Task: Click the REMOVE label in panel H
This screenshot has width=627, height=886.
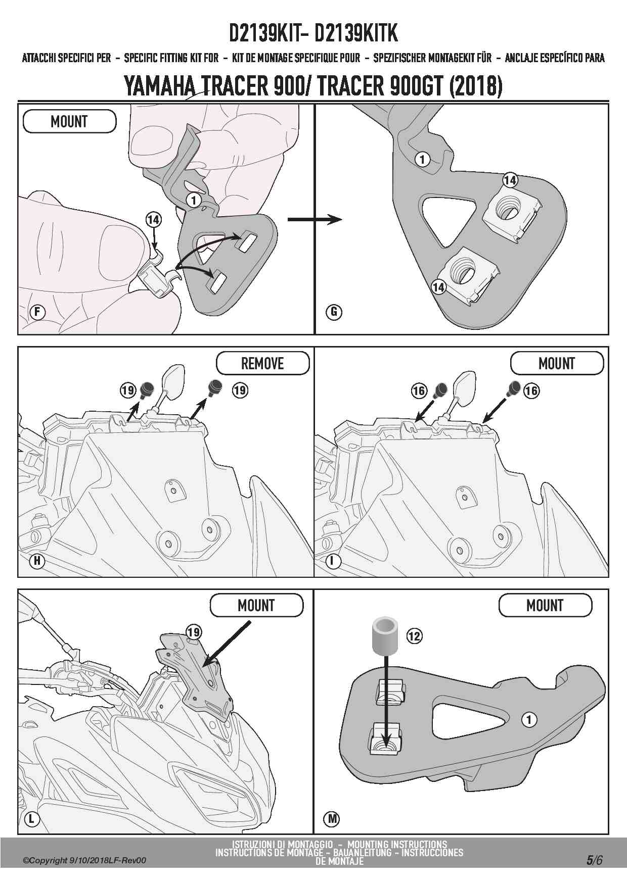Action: click(x=262, y=363)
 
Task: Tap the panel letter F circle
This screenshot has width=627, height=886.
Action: click(x=37, y=312)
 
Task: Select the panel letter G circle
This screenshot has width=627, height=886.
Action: click(x=334, y=312)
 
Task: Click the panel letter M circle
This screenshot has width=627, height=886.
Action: click(x=332, y=818)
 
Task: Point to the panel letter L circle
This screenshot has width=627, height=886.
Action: click(x=31, y=818)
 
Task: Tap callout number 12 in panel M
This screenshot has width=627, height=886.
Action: click(x=414, y=635)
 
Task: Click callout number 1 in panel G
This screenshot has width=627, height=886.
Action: click(x=422, y=160)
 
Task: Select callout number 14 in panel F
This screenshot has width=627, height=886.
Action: click(x=153, y=220)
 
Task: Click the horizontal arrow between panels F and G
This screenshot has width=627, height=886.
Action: click(x=314, y=219)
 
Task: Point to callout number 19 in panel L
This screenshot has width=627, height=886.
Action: click(x=194, y=631)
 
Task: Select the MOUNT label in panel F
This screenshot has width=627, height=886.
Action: click(x=69, y=122)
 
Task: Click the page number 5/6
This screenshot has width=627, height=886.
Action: click(x=594, y=860)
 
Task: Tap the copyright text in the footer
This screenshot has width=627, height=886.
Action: click(x=84, y=860)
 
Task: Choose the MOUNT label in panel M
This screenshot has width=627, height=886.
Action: click(x=545, y=605)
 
